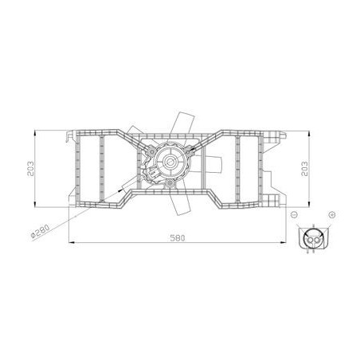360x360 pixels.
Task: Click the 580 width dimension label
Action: coord(178,238)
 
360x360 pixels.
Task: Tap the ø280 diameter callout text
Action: coord(40,232)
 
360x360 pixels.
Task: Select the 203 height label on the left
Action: coord(31,169)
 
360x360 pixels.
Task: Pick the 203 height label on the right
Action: coord(305,169)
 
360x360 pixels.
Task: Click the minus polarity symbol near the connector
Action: coord(294,214)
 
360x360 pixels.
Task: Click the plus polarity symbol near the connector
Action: coord(332,214)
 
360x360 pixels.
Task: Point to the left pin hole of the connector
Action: coord(310,241)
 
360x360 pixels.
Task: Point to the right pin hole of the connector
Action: coord(316,241)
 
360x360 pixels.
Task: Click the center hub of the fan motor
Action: coord(169,161)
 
